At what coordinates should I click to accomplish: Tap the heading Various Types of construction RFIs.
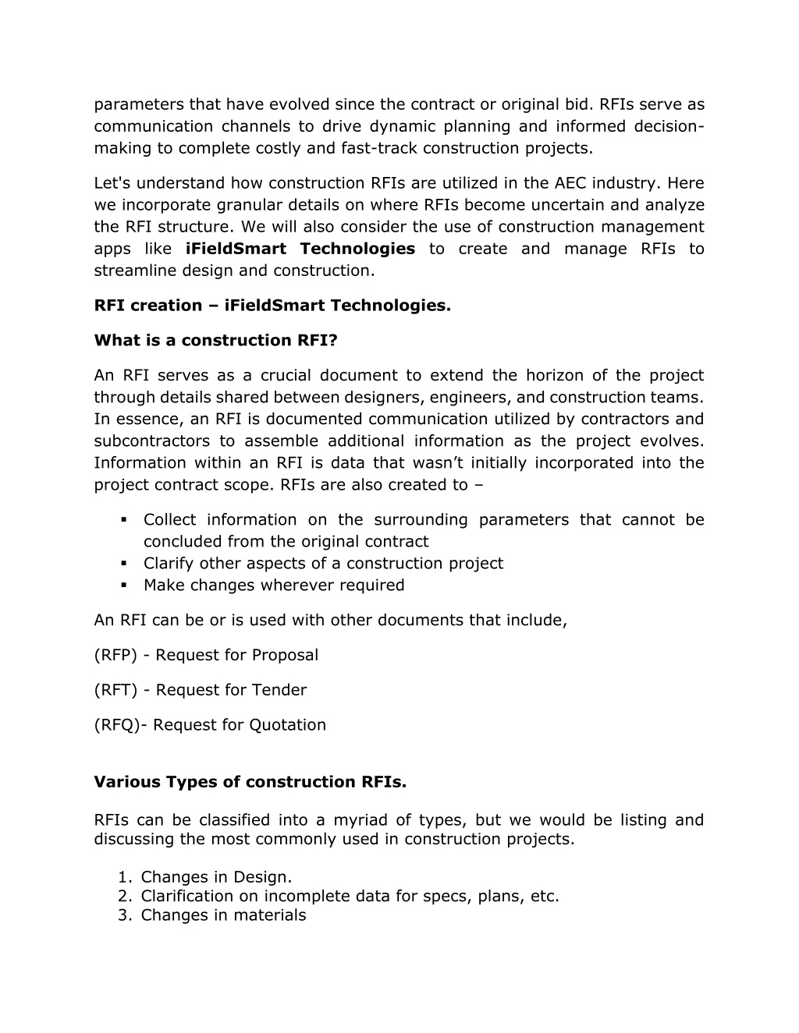point(250,782)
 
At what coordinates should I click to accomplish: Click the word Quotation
point(287,725)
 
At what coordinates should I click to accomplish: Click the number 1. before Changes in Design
point(125,878)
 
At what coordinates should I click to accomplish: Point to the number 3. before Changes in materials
point(125,915)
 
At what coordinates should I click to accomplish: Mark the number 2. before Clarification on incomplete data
point(125,897)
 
